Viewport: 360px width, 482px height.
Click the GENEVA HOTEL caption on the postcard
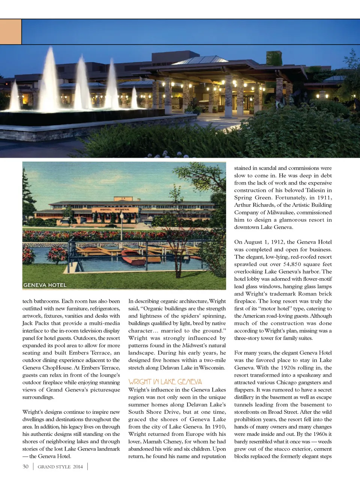[45, 285]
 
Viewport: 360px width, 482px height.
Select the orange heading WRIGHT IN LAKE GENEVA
[165, 382]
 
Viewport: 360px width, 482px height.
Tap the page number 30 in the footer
[25, 467]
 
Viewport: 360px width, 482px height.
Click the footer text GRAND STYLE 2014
[60, 467]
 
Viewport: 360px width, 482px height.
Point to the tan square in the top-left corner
[10, 32]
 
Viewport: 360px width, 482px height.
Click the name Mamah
[152, 442]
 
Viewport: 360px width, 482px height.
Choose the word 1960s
[317, 434]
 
